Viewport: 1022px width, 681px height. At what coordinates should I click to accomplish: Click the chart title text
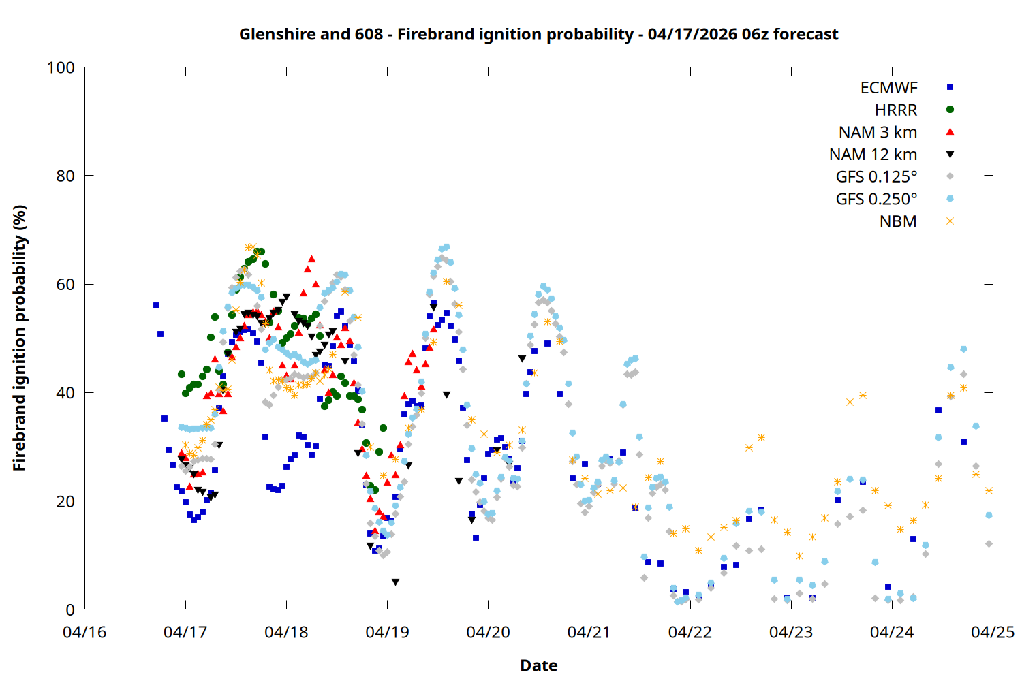pyautogui.click(x=538, y=34)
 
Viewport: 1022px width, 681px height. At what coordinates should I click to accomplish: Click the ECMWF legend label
pyautogui.click(x=888, y=88)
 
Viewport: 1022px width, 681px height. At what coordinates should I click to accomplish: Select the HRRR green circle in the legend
pyautogui.click(x=950, y=110)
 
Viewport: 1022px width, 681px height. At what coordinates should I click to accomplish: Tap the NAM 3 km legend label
pyautogui.click(x=878, y=132)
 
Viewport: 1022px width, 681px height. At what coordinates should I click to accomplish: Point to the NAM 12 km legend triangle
pyautogui.click(x=950, y=155)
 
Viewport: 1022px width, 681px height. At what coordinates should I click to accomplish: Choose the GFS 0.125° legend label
pyautogui.click(x=876, y=177)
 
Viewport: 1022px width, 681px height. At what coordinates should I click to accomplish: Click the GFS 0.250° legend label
pyautogui.click(x=876, y=200)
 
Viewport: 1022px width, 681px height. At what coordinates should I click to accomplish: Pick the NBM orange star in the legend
pyautogui.click(x=950, y=221)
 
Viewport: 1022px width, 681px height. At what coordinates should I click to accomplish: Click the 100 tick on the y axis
pyautogui.click(x=61, y=67)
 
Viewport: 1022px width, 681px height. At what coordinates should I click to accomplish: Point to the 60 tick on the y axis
pyautogui.click(x=65, y=284)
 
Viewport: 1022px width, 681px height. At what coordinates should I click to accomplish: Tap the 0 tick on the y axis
pyautogui.click(x=70, y=609)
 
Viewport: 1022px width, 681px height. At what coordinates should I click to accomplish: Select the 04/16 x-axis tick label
pyautogui.click(x=84, y=632)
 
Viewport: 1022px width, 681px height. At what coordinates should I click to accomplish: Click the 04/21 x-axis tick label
pyautogui.click(x=589, y=632)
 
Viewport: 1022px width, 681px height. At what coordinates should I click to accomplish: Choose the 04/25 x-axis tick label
pyautogui.click(x=992, y=632)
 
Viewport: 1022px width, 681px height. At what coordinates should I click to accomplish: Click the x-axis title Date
pyautogui.click(x=538, y=665)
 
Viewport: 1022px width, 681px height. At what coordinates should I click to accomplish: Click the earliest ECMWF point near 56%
pyautogui.click(x=156, y=305)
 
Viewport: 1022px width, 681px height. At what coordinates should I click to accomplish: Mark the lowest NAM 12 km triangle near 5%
pyautogui.click(x=395, y=582)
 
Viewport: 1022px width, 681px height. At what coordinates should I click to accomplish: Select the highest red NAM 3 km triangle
pyautogui.click(x=311, y=259)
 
